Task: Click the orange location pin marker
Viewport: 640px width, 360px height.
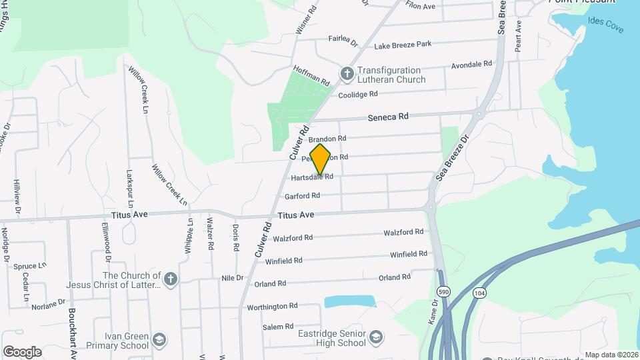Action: tap(321, 159)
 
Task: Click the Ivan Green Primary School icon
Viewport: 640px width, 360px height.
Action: tap(159, 340)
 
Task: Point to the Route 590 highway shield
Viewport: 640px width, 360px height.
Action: tap(443, 292)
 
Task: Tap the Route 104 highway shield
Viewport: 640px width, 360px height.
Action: tap(479, 292)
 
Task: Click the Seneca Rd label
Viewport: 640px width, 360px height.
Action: tap(388, 116)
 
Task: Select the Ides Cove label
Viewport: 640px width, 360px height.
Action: tap(605, 21)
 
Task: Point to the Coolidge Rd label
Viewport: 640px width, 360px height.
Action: tap(358, 95)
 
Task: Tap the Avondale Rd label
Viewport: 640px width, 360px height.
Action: tap(471, 64)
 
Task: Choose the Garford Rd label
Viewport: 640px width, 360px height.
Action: tap(302, 196)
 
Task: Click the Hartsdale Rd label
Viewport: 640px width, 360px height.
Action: tap(312, 177)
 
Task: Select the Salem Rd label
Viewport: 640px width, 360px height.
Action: tap(277, 326)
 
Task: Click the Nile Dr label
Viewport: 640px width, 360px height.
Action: tap(232, 277)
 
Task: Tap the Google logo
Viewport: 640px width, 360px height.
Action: tap(22, 351)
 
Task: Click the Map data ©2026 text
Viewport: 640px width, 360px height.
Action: tap(611, 355)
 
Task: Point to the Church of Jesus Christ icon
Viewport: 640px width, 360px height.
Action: tap(170, 279)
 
